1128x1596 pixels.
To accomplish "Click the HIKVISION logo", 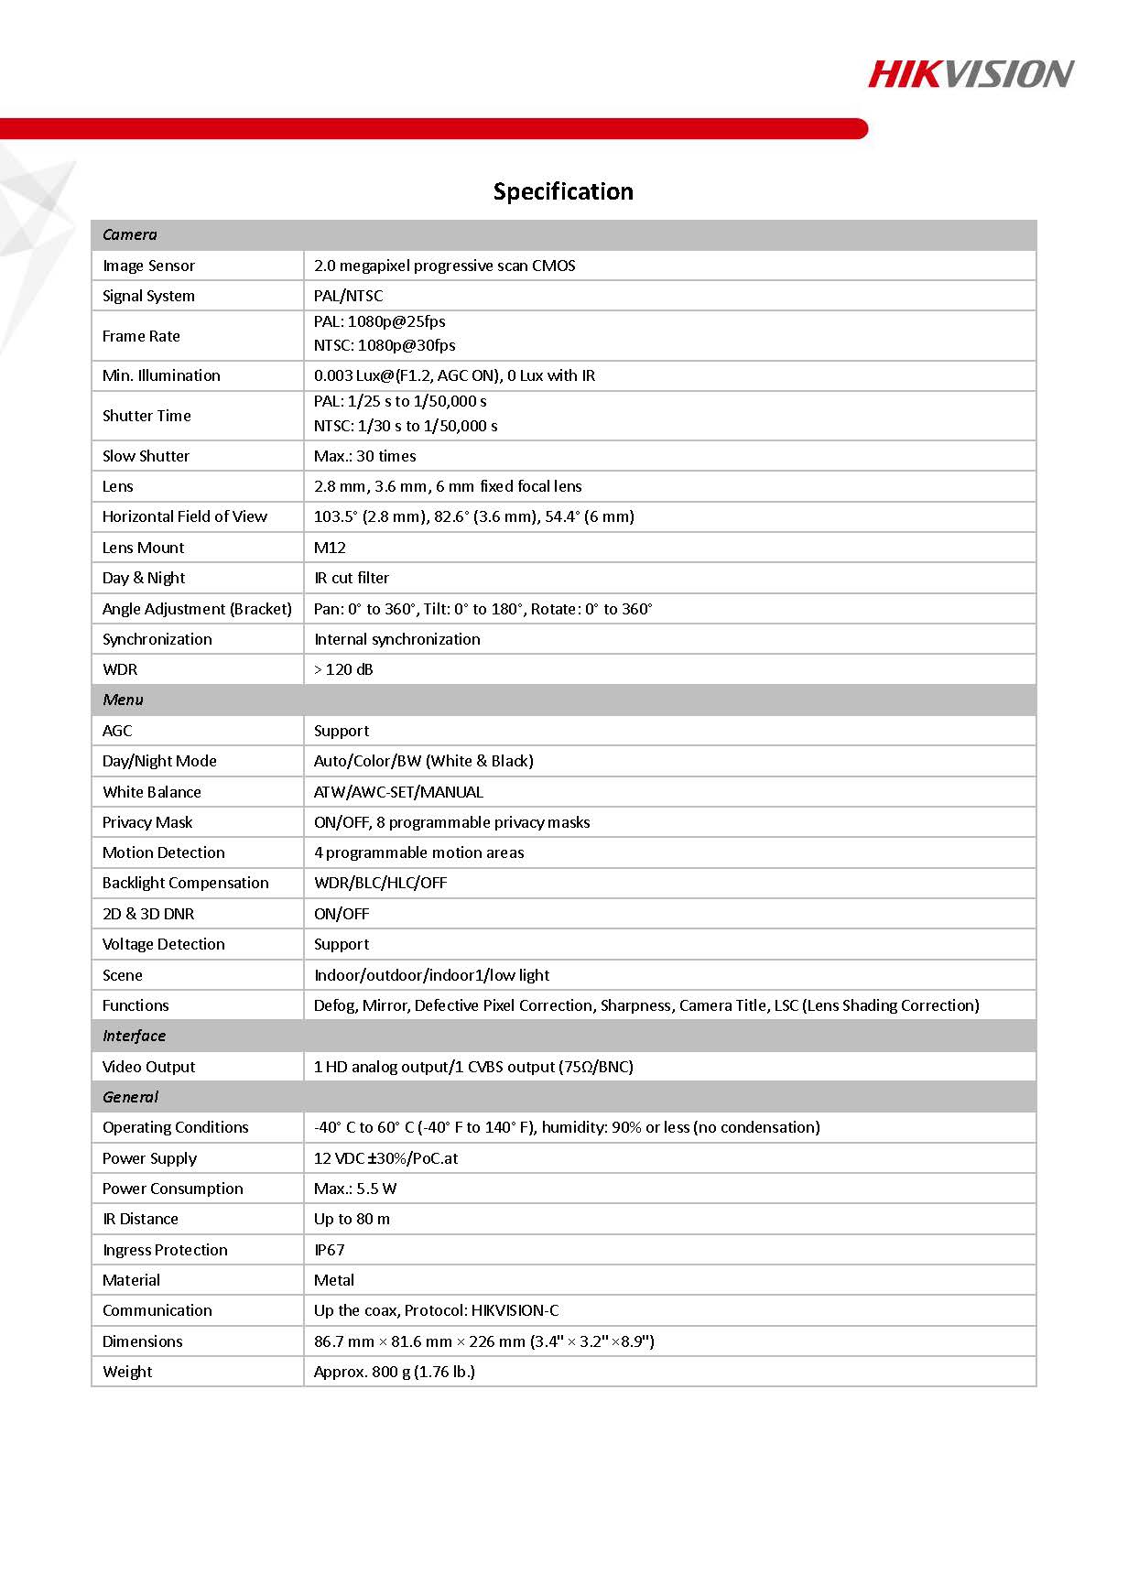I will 971,74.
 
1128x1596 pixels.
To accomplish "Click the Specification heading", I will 563,191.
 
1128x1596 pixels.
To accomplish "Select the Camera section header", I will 130,234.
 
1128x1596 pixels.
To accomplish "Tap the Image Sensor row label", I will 148,266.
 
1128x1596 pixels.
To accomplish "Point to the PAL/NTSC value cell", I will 349,296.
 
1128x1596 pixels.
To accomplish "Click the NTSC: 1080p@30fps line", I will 385,345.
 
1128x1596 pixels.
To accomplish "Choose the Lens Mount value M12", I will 330,548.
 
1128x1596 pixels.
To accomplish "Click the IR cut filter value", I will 352,578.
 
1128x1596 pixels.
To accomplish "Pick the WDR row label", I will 120,669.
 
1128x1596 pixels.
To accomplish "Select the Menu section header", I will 124,700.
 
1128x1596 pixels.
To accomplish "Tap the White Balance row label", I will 152,792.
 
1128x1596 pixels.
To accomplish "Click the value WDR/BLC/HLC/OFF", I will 380,883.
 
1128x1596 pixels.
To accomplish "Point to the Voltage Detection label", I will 164,944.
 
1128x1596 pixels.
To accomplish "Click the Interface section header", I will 135,1036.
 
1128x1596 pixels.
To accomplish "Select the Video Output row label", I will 149,1067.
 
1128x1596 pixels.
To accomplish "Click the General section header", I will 131,1097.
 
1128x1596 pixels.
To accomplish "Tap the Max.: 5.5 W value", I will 355,1189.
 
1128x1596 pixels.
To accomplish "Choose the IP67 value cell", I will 330,1250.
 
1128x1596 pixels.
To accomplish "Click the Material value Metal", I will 334,1280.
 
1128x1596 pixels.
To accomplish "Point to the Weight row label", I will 128,1372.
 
